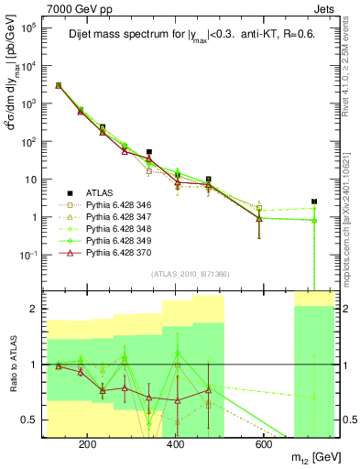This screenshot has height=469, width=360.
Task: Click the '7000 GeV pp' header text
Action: tap(75, 7)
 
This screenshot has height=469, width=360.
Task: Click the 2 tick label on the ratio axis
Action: tap(34, 309)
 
